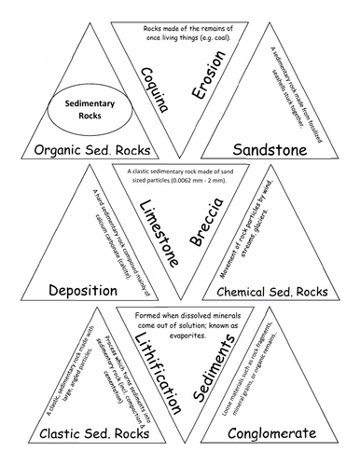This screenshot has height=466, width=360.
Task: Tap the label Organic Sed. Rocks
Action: pyautogui.click(x=81, y=150)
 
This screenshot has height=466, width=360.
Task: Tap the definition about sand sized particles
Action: pyautogui.click(x=180, y=176)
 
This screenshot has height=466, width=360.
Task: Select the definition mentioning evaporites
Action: pyautogui.click(x=180, y=322)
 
